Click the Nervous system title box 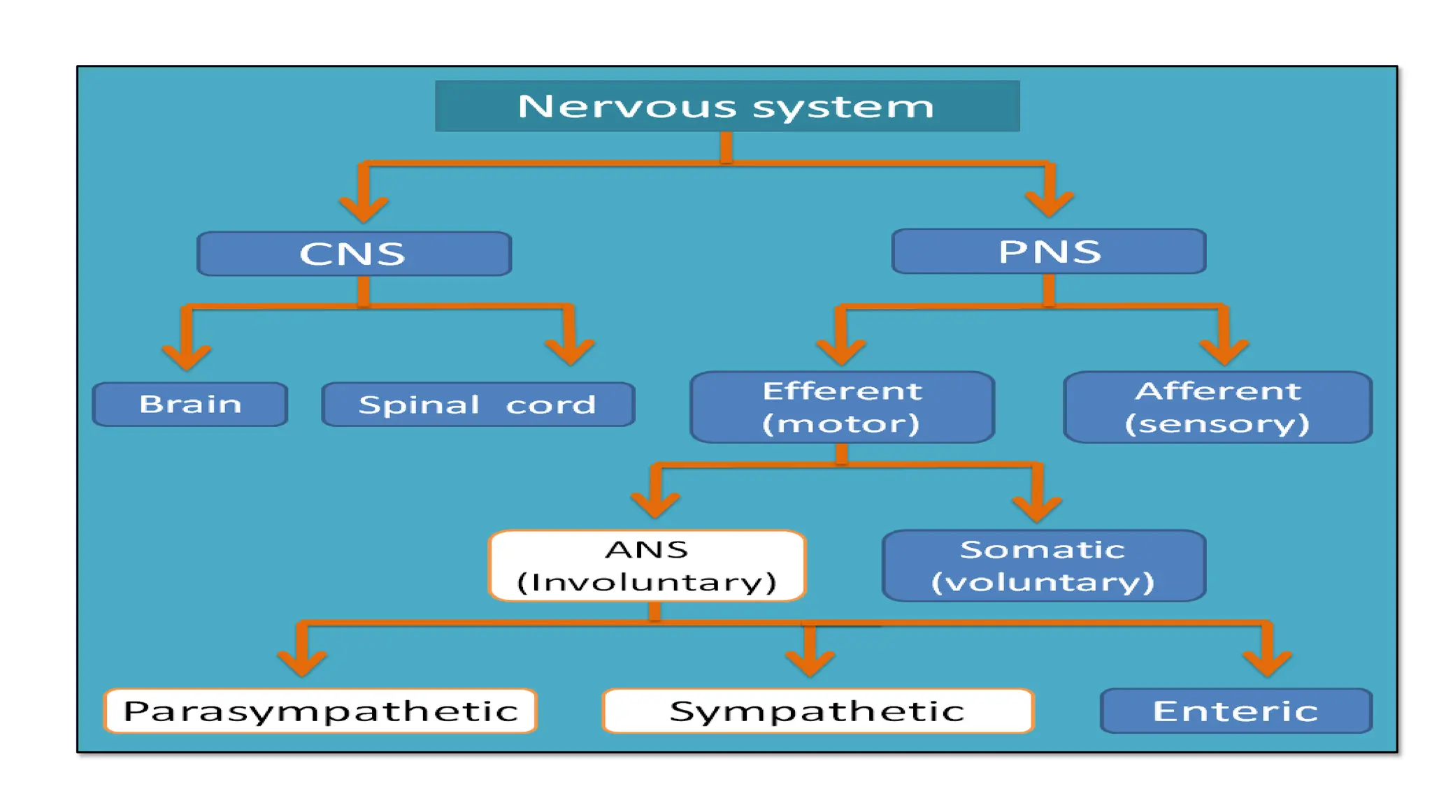pos(726,106)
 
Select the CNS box pos(354,254)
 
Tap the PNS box pos(1048,252)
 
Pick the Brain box pos(190,404)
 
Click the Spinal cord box pos(478,404)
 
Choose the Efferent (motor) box pos(842,407)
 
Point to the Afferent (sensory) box pos(1217,407)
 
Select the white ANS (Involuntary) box pos(647,565)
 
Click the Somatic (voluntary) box pos(1043,565)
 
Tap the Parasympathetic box pos(320,711)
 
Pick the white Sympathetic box pos(817,711)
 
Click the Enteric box pos(1236,711)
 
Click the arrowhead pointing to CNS pos(364,208)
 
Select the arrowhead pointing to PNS pos(1049,204)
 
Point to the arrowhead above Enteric pos(1267,662)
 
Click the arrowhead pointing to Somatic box pos(1037,508)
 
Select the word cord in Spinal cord pos(550,405)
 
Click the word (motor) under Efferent pos(840,424)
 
